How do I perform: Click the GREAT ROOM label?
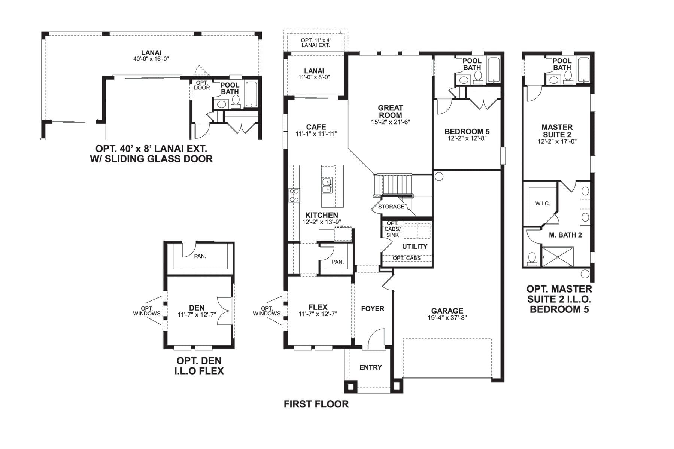pyautogui.click(x=390, y=112)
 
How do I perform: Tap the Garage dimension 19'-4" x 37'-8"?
pyautogui.click(x=447, y=318)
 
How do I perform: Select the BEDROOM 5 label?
pyautogui.click(x=467, y=131)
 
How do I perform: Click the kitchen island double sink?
pyautogui.click(x=327, y=186)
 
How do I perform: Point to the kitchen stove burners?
pyautogui.click(x=294, y=195)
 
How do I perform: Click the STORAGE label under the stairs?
pyautogui.click(x=391, y=207)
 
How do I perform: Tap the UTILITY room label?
pyautogui.click(x=415, y=246)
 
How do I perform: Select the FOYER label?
pyautogui.click(x=373, y=309)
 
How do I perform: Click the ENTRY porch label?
pyautogui.click(x=370, y=367)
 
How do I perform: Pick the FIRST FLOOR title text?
pyautogui.click(x=316, y=404)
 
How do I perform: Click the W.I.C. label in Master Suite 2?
pyautogui.click(x=542, y=204)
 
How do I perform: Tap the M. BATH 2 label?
pyautogui.click(x=565, y=235)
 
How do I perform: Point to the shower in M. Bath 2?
pyautogui.click(x=558, y=257)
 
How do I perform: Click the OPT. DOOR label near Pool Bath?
pyautogui.click(x=202, y=85)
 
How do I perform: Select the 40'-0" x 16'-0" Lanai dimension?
pyautogui.click(x=151, y=59)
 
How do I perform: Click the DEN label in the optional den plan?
pyautogui.click(x=197, y=308)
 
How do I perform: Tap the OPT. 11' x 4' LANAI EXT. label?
pyautogui.click(x=316, y=43)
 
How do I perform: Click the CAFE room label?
pyautogui.click(x=316, y=127)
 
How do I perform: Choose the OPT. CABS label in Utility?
pyautogui.click(x=406, y=258)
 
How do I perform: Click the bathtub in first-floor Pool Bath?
pyautogui.click(x=494, y=70)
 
